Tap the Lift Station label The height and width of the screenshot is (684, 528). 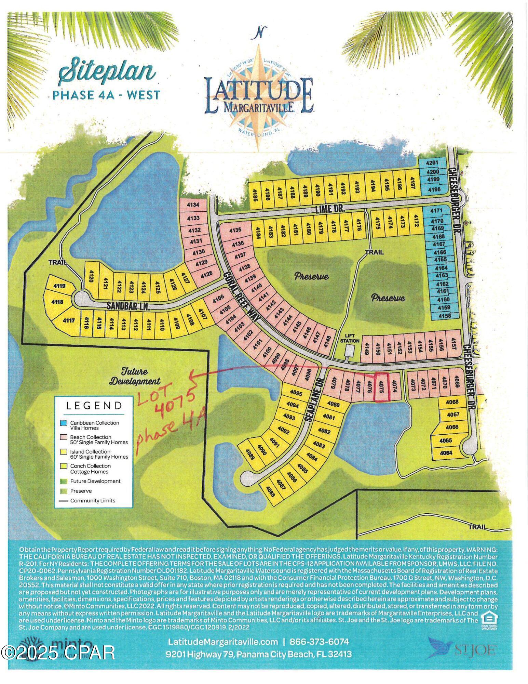click(350, 339)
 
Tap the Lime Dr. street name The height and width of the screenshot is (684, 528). click(329, 209)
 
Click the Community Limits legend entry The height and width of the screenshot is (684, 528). click(92, 500)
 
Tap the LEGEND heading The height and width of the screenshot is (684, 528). click(94, 406)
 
